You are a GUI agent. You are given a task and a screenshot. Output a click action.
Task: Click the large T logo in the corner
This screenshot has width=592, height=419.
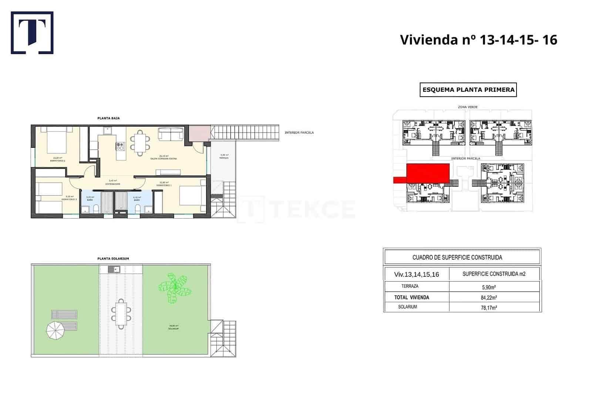pyautogui.click(x=32, y=33)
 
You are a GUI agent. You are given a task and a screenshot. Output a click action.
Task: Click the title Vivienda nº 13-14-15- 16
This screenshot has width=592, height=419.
pyautogui.click(x=478, y=40)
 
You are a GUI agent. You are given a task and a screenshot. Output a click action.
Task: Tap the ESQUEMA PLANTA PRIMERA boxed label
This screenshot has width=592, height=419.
pyautogui.click(x=468, y=90)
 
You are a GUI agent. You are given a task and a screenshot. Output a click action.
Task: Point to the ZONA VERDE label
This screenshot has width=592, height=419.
pyautogui.click(x=468, y=107)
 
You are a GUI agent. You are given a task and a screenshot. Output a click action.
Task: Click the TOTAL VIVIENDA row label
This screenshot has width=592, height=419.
pyautogui.click(x=411, y=297)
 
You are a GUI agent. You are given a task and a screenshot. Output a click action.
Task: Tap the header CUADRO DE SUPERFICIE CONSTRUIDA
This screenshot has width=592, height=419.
pyautogui.click(x=457, y=257)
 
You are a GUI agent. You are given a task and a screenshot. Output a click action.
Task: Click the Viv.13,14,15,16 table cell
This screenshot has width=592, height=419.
pyautogui.click(x=417, y=275)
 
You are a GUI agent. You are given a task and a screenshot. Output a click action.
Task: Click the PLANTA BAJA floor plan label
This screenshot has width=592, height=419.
pyautogui.click(x=108, y=118)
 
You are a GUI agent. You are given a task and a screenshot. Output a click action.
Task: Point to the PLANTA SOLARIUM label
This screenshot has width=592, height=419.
pyautogui.click(x=113, y=259)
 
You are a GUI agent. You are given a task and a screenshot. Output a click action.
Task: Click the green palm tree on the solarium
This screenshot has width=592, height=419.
pyautogui.click(x=175, y=287)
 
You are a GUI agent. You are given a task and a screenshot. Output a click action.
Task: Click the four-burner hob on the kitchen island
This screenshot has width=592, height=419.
pyautogui.click(x=120, y=146)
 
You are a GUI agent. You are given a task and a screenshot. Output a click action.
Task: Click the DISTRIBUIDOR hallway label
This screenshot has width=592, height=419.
pyautogui.click(x=112, y=184)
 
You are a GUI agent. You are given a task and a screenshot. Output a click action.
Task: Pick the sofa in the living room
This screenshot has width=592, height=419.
pyautogui.click(x=171, y=134)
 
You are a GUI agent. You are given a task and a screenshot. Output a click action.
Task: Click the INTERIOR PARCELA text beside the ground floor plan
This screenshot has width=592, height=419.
pyautogui.click(x=299, y=133)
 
